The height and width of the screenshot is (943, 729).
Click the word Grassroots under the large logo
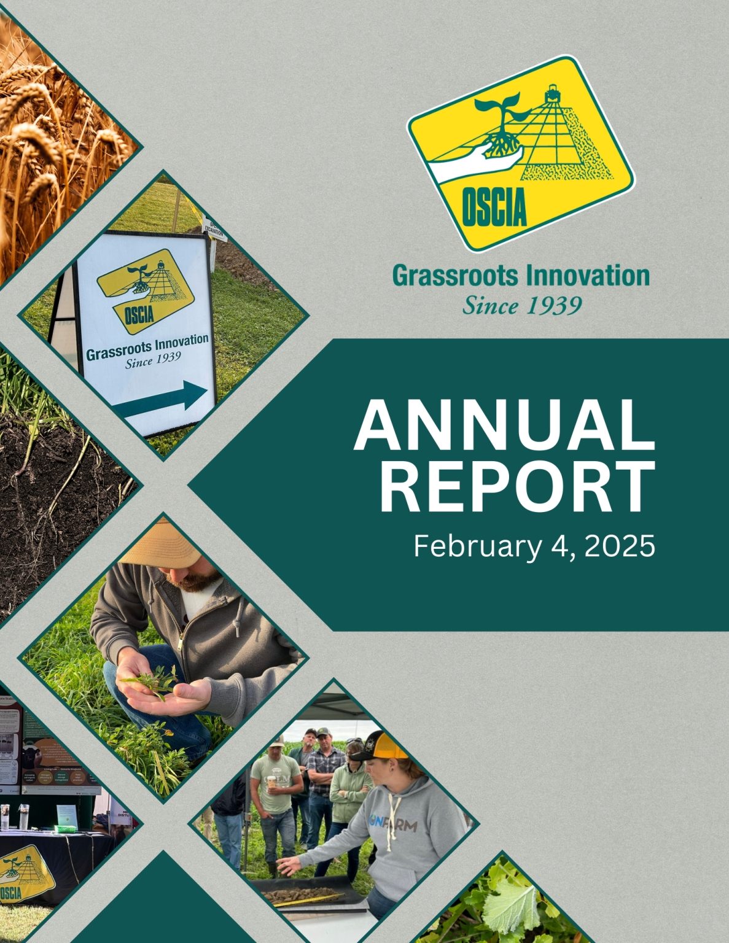tap(455, 276)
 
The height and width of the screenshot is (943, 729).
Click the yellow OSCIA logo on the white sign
tap(146, 289)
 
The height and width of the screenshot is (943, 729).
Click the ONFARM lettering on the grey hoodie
tap(393, 822)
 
